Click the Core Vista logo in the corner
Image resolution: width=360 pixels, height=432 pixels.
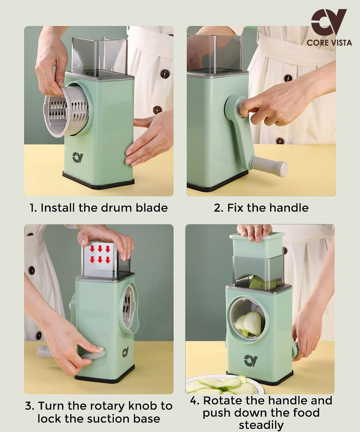[x=329, y=27]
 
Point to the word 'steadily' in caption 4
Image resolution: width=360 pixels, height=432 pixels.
[x=261, y=425]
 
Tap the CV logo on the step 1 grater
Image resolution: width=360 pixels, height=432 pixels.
[x=77, y=157]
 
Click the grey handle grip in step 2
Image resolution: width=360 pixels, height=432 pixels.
[x=270, y=167]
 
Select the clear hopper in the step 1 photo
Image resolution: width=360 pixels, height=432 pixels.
[x=99, y=56]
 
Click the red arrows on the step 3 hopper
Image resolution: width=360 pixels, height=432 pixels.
[x=100, y=254]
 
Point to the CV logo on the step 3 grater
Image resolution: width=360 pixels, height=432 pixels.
[x=125, y=352]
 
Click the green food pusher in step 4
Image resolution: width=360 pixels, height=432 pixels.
[x=257, y=246]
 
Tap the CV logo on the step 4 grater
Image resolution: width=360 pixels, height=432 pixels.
[x=251, y=360]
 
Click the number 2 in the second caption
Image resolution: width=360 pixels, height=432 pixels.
[x=218, y=208]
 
